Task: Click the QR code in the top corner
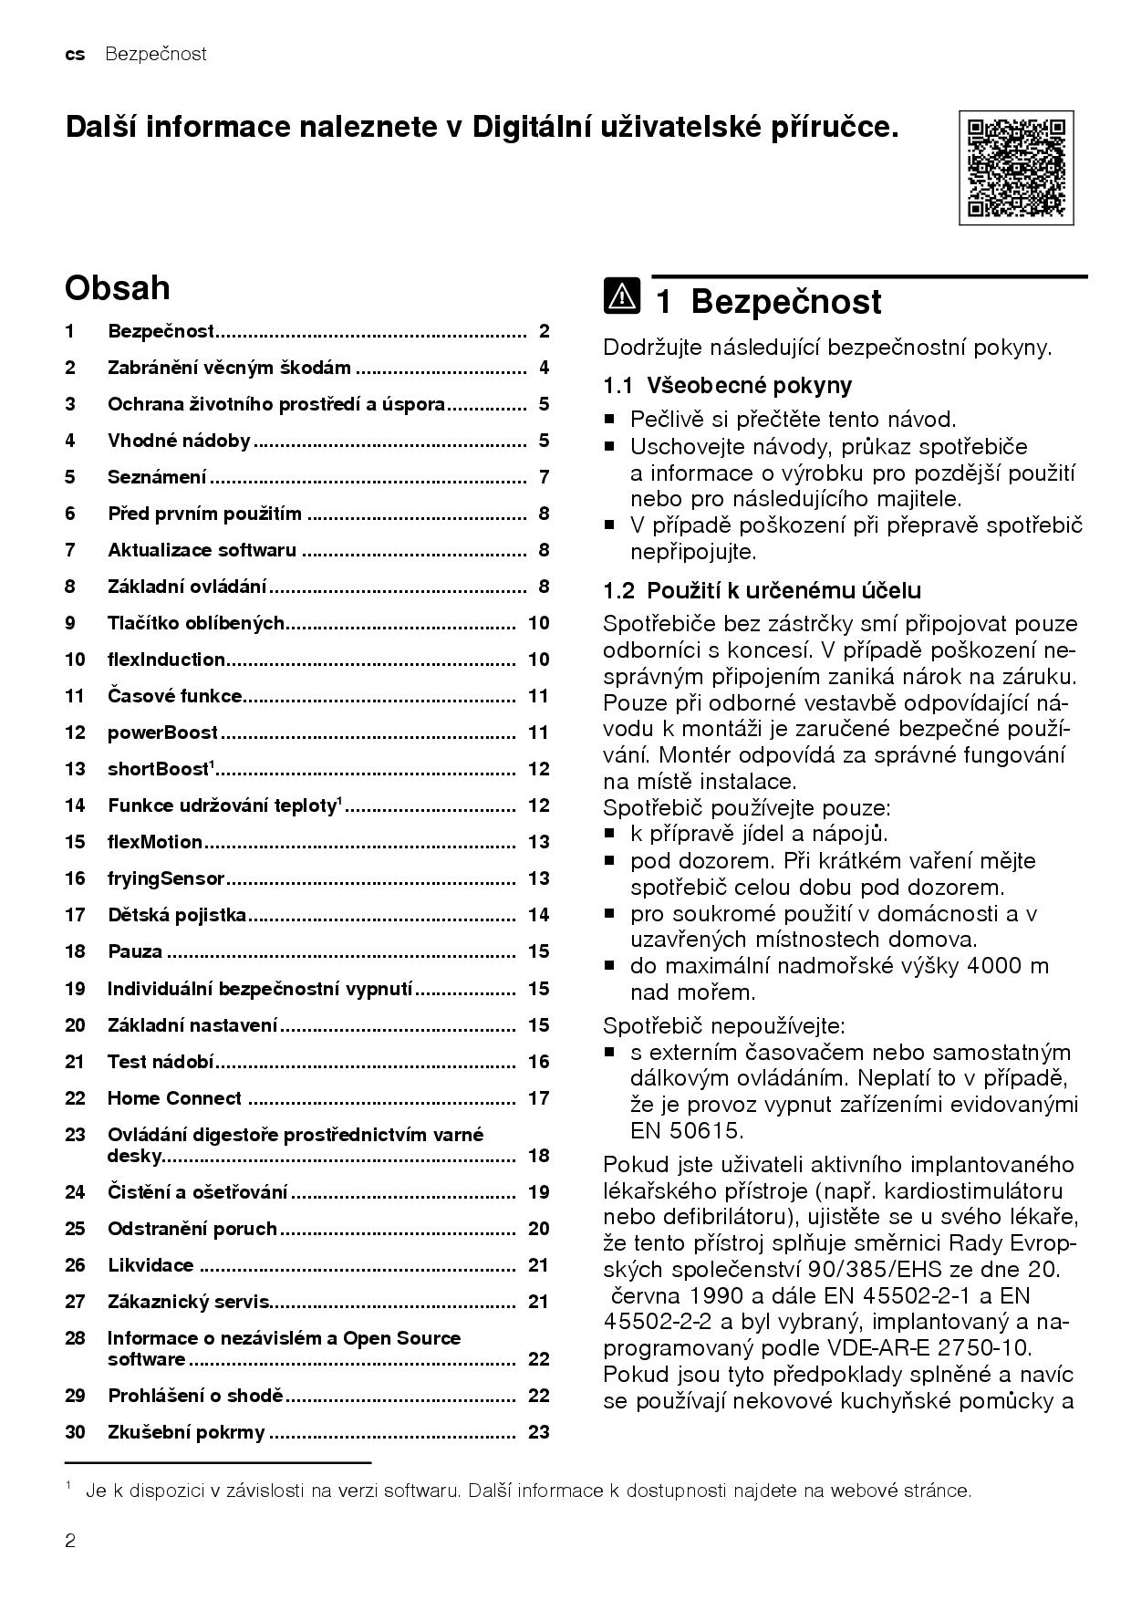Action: click(1015, 168)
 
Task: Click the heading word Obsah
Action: click(117, 287)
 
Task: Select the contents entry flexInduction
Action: click(166, 660)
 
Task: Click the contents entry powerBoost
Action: click(162, 732)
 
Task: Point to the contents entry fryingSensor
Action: click(165, 878)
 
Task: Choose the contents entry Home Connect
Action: click(174, 1098)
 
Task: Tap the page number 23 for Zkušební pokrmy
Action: click(538, 1432)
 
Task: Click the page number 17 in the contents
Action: click(538, 1098)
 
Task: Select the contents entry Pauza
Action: click(135, 951)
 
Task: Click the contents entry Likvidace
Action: click(150, 1265)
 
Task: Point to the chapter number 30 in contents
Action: click(75, 1432)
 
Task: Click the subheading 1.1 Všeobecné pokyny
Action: click(727, 385)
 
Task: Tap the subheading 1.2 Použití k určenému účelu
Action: click(762, 590)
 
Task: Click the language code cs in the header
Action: click(75, 54)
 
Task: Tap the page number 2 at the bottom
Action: click(70, 1542)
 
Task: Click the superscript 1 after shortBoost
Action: click(213, 764)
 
